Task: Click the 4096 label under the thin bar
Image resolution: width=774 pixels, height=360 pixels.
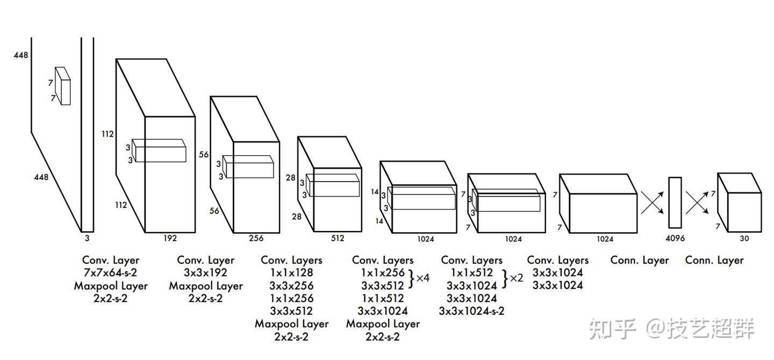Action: [675, 238]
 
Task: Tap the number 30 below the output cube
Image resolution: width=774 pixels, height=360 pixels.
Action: [744, 238]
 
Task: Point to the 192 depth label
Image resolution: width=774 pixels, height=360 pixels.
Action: [170, 238]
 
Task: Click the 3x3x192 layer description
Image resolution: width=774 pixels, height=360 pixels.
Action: [205, 273]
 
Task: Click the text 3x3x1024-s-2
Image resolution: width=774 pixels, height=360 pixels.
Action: [471, 311]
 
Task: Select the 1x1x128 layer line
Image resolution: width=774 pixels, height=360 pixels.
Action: [291, 273]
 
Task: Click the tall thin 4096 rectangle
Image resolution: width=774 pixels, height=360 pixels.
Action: [675, 203]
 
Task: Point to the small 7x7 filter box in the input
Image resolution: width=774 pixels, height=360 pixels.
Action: [62, 85]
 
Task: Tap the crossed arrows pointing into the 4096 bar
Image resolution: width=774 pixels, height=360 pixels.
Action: [651, 203]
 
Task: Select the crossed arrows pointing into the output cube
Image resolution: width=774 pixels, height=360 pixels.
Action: [698, 203]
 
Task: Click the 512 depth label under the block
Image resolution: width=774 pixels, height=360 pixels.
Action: [337, 238]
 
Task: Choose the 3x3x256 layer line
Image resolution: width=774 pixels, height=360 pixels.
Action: [291, 285]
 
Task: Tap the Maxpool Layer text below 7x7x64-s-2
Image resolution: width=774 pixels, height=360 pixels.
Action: [111, 286]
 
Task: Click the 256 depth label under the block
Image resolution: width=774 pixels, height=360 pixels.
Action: [256, 238]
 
